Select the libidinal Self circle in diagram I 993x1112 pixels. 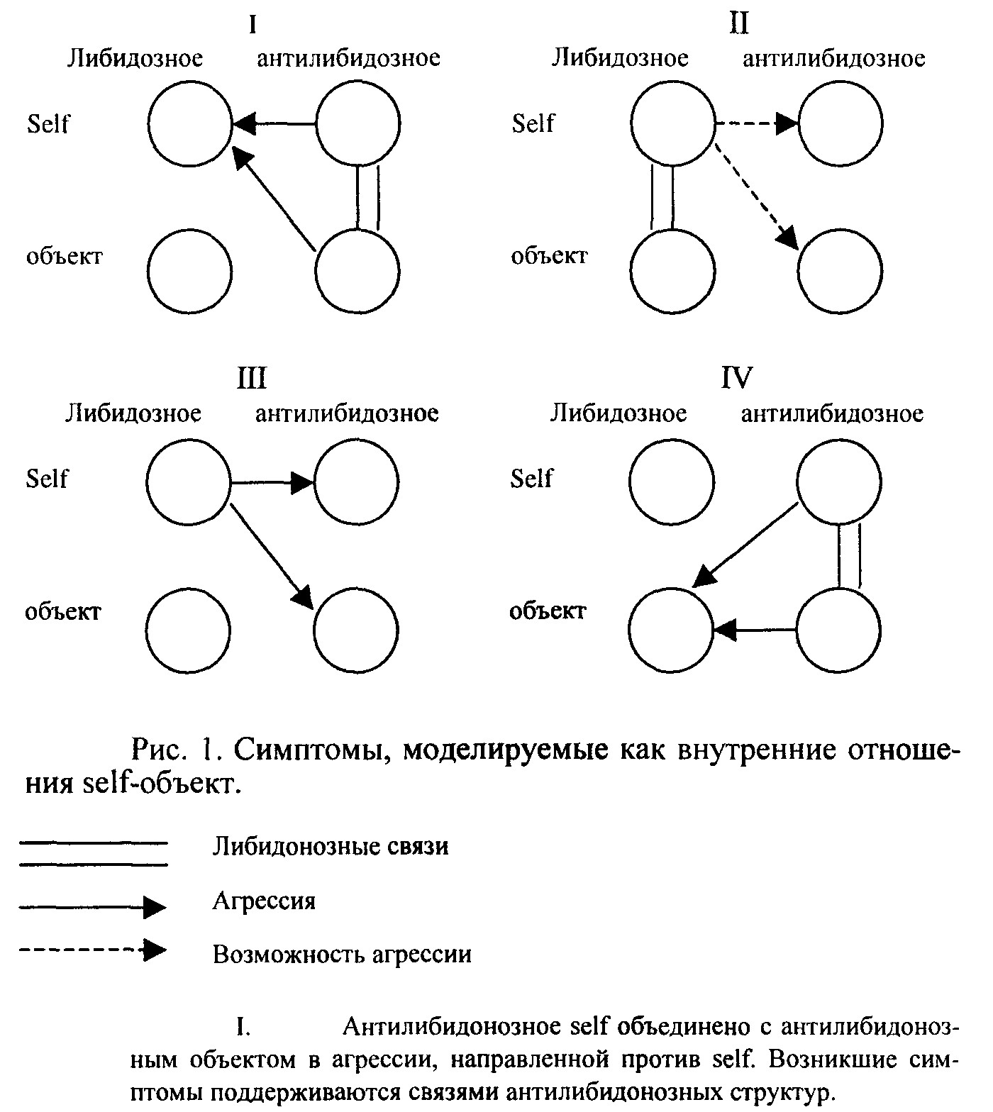pos(191,125)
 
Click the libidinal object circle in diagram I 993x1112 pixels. pos(191,270)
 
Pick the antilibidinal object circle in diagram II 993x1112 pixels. pos(841,270)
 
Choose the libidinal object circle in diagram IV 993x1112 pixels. pos(671,629)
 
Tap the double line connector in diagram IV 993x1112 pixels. pos(849,556)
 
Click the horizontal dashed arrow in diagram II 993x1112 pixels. pos(755,125)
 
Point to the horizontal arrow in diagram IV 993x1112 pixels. pos(755,629)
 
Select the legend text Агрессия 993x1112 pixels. pos(264,901)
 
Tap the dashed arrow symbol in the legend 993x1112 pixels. pos(92,949)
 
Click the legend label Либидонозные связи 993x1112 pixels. pos(331,847)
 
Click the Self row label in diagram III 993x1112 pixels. pos(47,479)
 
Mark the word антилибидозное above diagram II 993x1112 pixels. pos(833,58)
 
